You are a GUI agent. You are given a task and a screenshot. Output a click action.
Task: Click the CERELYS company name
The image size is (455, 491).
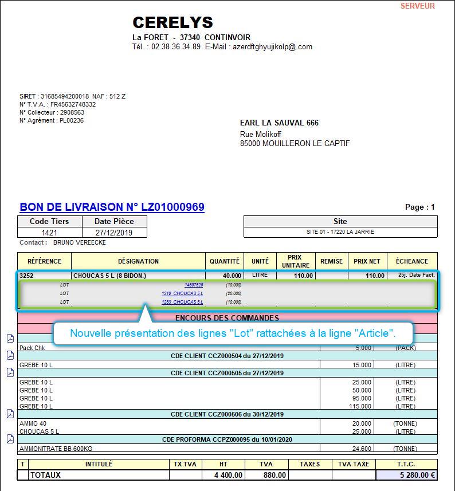point(172,22)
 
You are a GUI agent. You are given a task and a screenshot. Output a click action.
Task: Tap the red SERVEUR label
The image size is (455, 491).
point(417,6)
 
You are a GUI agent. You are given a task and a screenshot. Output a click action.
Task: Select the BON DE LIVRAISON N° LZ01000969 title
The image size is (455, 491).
point(112,207)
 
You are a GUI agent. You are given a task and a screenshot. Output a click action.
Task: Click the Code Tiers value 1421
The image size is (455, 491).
point(49,233)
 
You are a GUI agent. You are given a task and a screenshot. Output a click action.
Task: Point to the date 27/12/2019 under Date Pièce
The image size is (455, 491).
point(114,233)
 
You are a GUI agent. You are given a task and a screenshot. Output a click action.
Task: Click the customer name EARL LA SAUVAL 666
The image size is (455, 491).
point(279,123)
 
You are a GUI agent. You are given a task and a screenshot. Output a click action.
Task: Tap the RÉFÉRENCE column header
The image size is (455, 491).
point(44,261)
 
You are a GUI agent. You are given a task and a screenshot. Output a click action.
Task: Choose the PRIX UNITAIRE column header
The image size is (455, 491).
point(296,261)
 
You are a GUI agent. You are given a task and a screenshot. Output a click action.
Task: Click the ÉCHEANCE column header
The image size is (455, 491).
point(411,261)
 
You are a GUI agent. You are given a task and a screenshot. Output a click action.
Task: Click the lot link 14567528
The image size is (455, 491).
point(193,285)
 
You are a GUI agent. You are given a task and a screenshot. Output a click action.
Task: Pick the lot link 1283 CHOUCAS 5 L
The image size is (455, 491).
point(182,302)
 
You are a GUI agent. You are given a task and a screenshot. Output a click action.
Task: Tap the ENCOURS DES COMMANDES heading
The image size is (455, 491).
point(227,317)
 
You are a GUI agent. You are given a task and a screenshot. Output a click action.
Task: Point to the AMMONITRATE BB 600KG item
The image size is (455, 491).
point(52,449)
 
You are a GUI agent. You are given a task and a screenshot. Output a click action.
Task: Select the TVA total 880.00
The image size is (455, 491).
point(274,475)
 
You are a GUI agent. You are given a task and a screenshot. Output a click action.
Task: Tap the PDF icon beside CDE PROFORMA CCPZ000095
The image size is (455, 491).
point(10,439)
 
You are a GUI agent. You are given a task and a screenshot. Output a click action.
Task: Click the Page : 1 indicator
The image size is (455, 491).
point(419,207)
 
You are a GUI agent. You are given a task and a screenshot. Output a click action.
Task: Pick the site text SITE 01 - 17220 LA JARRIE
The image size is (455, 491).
point(340,232)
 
